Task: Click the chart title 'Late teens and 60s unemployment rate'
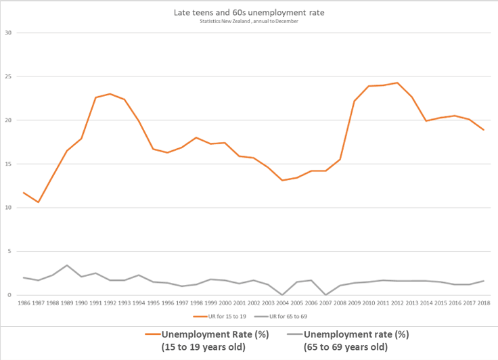pyautogui.click(x=249, y=12)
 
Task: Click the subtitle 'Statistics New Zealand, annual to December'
pyautogui.click(x=249, y=21)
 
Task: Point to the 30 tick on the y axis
pyautogui.click(x=8, y=32)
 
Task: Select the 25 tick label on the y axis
pyautogui.click(x=8, y=76)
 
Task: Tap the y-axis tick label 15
pyautogui.click(x=8, y=164)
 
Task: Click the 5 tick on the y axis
pyautogui.click(x=9, y=251)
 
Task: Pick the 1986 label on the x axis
pyautogui.click(x=24, y=304)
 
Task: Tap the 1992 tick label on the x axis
pyautogui.click(x=110, y=304)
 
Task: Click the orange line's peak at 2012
pyautogui.click(x=397, y=83)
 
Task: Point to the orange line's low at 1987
pyautogui.click(x=39, y=202)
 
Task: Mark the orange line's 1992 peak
pyautogui.click(x=110, y=93)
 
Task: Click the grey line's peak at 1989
pyautogui.click(x=67, y=265)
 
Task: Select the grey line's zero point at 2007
pyautogui.click(x=325, y=295)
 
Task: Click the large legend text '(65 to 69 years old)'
pyautogui.click(x=346, y=348)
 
